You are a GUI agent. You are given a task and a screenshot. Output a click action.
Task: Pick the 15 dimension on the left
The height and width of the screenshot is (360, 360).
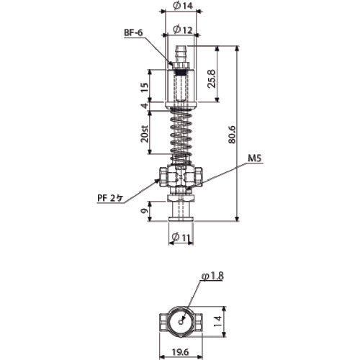(144, 86)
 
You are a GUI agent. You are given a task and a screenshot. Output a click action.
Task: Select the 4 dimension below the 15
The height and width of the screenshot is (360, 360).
(144, 107)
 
